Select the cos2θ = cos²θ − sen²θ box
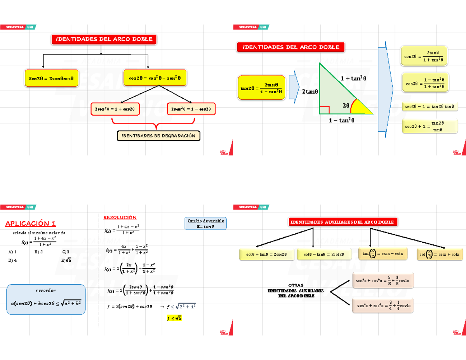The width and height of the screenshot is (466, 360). pos(155,78)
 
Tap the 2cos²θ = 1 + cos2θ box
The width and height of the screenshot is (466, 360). pos(115,109)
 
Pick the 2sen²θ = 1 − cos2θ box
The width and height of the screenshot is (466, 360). pos(191,109)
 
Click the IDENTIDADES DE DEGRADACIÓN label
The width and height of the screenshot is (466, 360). pos(158,136)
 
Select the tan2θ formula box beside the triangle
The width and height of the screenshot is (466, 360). pos(261,88)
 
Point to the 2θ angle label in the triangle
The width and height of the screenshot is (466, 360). pos(346,105)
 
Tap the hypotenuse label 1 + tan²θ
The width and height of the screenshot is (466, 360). pos(353,78)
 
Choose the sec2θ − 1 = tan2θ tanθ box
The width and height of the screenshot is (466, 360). pos(429,106)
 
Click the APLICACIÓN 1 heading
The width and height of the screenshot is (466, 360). pos(30,223)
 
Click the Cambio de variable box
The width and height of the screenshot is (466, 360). pos(206,224)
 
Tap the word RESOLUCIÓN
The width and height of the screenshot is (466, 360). pos(120,217)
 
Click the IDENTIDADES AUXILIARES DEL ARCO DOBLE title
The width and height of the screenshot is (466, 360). pos(342,222)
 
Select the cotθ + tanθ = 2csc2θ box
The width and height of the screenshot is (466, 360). pos(266,254)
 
